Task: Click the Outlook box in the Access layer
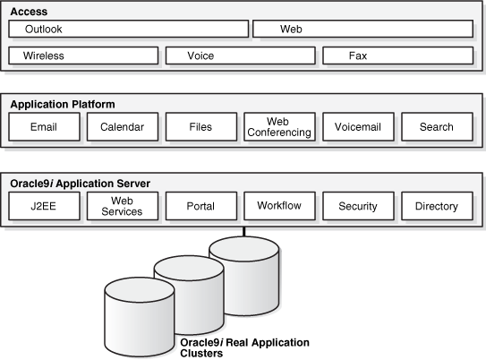click(x=128, y=30)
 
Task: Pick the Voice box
click(x=240, y=56)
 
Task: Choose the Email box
click(x=44, y=127)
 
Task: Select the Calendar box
click(x=122, y=127)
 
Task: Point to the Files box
click(x=200, y=127)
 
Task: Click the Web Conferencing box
click(x=279, y=127)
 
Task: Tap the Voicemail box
click(x=358, y=127)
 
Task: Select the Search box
click(x=437, y=127)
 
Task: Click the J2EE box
click(x=44, y=206)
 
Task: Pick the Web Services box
click(x=122, y=206)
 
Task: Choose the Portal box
click(x=200, y=206)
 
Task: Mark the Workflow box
click(x=279, y=206)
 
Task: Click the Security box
click(x=358, y=206)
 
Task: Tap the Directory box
click(x=437, y=206)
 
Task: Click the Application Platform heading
click(x=63, y=104)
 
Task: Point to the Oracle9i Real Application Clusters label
click(x=244, y=347)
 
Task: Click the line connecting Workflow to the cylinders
click(x=243, y=230)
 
